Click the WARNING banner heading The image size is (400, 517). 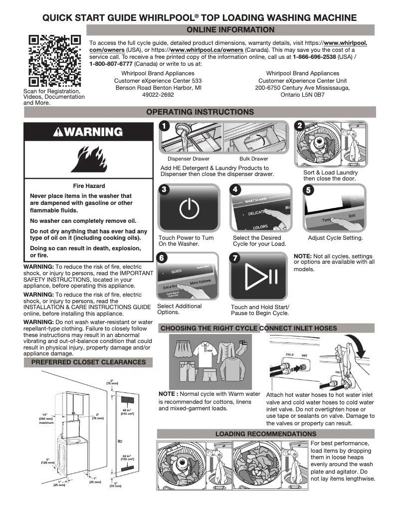[88, 132]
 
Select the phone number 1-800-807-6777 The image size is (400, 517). [111, 64]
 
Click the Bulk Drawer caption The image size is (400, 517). [253, 159]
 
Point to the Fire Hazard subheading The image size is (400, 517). [88, 185]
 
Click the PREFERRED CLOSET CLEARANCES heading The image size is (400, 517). [88, 362]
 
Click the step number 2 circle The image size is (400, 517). [300, 126]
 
